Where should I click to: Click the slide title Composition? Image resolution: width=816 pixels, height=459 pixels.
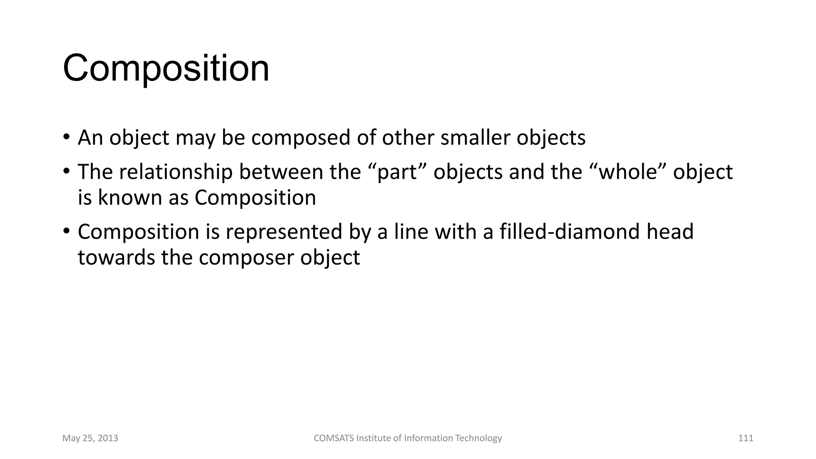pos(166,69)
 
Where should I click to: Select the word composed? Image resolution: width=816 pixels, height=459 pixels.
pos(302,137)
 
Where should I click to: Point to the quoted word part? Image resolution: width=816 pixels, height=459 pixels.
pos(400,173)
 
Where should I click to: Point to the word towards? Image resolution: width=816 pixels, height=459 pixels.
pos(116,257)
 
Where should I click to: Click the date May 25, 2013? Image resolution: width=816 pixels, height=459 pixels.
pos(90,438)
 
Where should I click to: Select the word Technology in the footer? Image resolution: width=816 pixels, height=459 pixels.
pos(478,438)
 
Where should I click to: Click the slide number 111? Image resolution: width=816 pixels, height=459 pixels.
pos(745,438)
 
